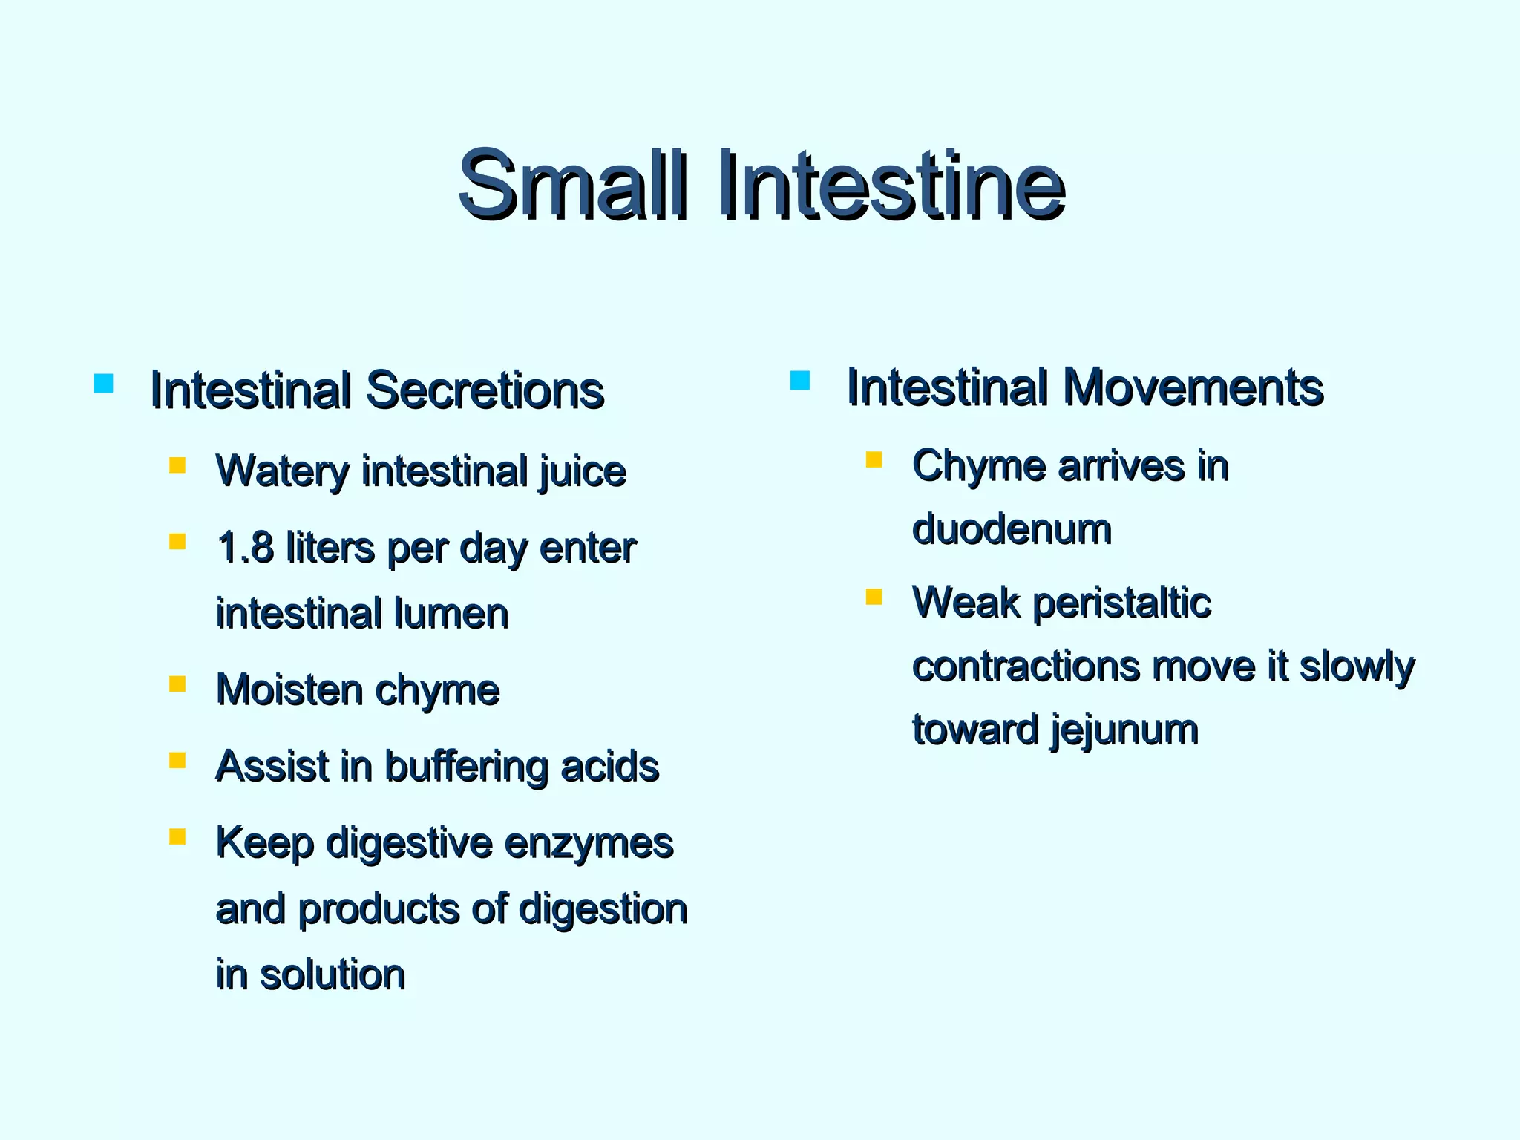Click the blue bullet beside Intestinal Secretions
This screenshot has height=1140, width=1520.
click(103, 383)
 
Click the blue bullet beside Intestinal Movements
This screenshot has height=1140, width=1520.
click(799, 381)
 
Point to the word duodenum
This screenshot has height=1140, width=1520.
click(1012, 529)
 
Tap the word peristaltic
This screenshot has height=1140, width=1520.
click(1121, 602)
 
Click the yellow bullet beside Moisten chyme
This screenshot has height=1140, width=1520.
click(177, 684)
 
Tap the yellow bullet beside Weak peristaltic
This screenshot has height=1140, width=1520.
click(874, 597)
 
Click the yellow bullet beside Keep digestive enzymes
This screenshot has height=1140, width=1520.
click(177, 837)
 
